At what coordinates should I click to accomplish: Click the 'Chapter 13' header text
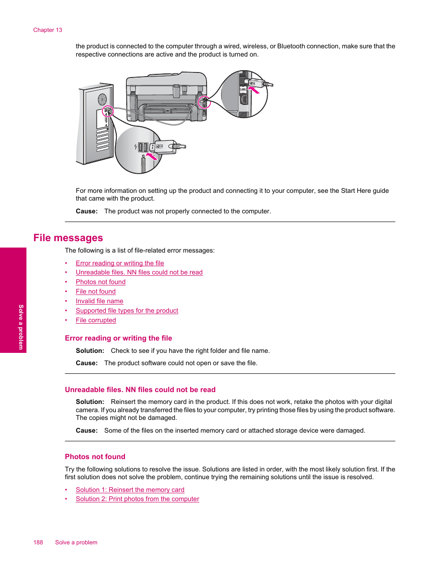pos(47,30)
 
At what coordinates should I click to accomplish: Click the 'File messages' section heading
pos(68,238)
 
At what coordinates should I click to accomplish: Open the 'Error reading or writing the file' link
pos(119,263)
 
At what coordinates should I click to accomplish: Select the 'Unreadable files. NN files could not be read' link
pos(139,272)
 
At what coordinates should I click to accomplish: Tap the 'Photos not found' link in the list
pos(100,282)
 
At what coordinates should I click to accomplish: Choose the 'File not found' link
pos(95,291)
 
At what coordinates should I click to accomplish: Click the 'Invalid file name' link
pos(99,301)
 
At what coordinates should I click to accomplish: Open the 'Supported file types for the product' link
pos(127,310)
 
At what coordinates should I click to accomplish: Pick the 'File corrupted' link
pos(96,320)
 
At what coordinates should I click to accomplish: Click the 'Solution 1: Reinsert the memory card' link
pos(130,490)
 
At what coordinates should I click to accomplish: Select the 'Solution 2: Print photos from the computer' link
pos(137,499)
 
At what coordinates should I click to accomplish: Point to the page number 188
pos(38,543)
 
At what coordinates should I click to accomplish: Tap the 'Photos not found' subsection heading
pos(95,457)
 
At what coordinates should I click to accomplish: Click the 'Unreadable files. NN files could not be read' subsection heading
pos(140,390)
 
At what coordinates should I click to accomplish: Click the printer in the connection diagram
pos(166,98)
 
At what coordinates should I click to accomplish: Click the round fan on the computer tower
pos(102,99)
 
